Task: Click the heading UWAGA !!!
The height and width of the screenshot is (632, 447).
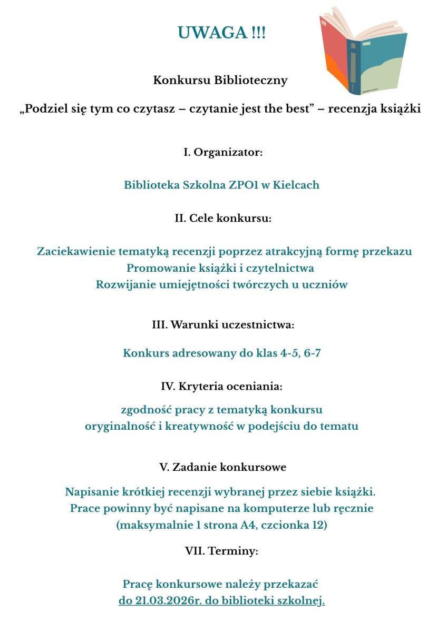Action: click(x=222, y=33)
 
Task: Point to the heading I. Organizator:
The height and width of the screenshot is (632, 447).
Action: click(x=223, y=153)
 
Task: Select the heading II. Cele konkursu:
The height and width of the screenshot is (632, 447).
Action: click(x=223, y=219)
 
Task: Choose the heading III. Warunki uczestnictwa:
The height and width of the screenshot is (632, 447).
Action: click(x=223, y=325)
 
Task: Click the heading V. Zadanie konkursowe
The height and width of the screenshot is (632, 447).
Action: click(x=223, y=467)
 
